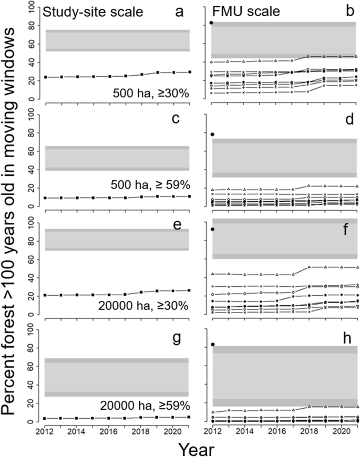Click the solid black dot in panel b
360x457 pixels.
coord(211,23)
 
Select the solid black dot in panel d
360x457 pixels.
coord(212,134)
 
